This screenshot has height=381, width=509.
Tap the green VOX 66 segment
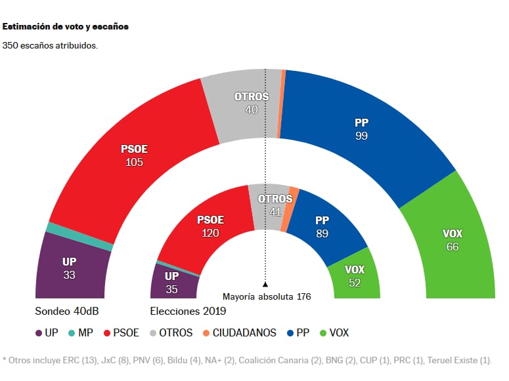(452, 240)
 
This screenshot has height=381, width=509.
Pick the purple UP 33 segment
(69, 268)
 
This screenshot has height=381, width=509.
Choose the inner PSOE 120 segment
(210, 226)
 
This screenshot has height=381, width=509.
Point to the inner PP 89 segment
(321, 227)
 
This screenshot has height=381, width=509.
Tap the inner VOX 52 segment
(355, 276)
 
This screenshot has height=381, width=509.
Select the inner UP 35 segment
(171, 282)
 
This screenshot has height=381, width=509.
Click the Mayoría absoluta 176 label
(266, 296)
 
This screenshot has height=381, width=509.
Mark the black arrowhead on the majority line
(265, 285)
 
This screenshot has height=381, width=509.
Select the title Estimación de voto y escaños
(66, 28)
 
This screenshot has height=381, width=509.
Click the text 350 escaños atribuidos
(51, 46)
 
